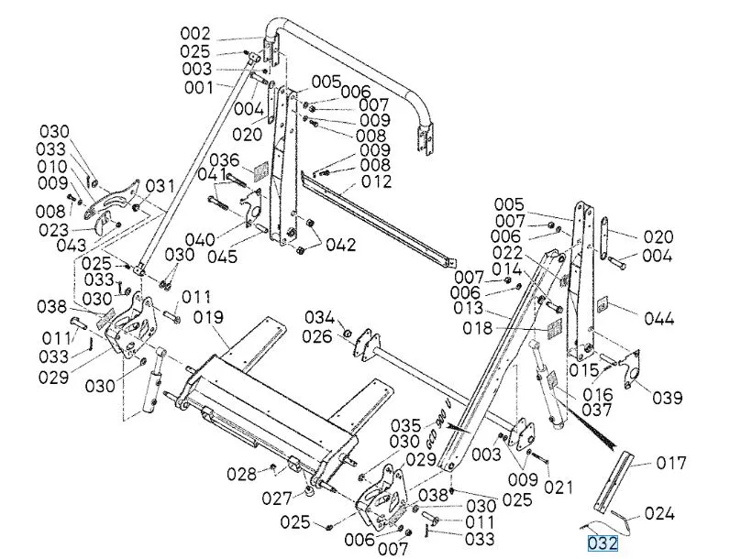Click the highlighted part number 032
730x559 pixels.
point(603,543)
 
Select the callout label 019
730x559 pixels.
point(209,318)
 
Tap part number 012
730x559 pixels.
point(376,181)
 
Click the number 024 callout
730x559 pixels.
point(660,513)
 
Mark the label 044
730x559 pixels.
point(658,319)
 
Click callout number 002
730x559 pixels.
point(194,34)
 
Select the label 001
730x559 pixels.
point(198,88)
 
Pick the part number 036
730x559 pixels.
point(224,159)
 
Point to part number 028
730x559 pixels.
point(243,474)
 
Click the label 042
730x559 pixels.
point(339,246)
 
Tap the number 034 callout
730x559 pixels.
point(320,317)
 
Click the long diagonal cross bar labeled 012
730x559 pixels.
point(385,221)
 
